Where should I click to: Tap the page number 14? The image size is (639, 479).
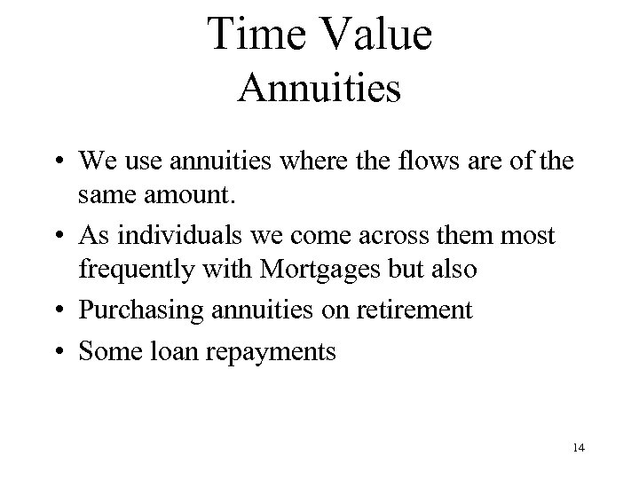click(x=579, y=448)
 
